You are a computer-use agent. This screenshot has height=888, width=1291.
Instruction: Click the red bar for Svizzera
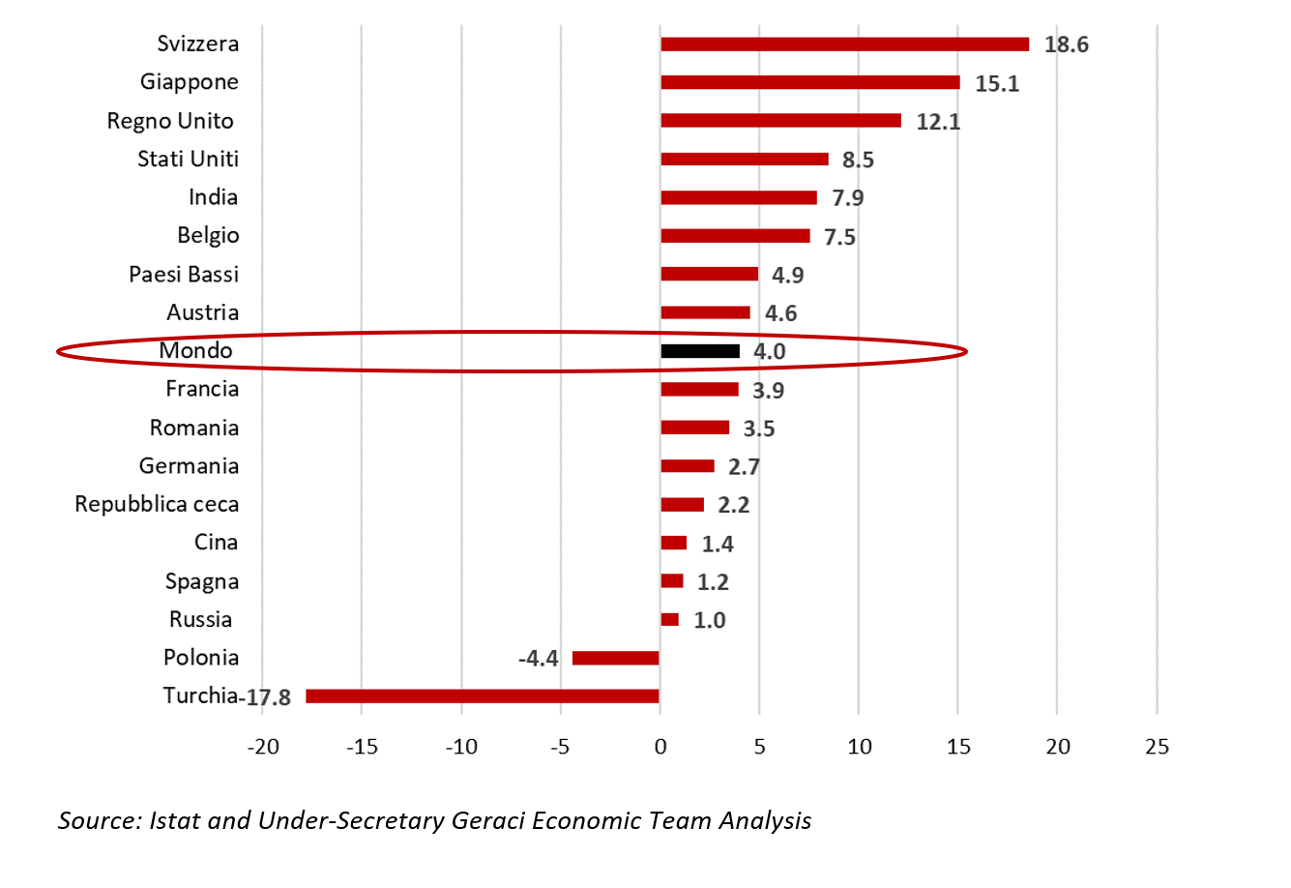point(844,44)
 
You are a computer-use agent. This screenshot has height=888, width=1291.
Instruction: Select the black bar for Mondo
point(700,351)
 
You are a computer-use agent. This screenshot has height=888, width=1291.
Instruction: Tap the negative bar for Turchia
point(483,696)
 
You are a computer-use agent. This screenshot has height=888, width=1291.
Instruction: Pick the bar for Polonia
point(616,659)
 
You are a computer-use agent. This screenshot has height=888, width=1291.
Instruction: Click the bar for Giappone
point(810,83)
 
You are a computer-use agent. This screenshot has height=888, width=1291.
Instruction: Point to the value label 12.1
point(938,122)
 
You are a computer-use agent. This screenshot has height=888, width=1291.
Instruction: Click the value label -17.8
point(268,697)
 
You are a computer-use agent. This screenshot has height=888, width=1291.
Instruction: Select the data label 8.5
point(858,161)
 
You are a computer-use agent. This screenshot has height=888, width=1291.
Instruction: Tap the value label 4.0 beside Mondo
point(770,352)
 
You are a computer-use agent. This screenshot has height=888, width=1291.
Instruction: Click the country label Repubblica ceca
point(157,505)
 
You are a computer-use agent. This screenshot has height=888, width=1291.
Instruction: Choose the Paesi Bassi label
point(184,275)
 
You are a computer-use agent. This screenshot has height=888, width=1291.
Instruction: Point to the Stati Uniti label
point(188,160)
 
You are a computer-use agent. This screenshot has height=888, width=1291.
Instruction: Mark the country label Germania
point(189,466)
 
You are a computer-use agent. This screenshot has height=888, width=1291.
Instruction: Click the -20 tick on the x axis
point(262,747)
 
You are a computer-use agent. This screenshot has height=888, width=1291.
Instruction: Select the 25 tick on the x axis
point(1157,747)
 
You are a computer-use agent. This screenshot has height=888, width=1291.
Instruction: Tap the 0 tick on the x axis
point(660,747)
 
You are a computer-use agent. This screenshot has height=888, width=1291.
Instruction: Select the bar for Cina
point(674,544)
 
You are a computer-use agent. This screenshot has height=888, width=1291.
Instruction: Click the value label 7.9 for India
point(848,198)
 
